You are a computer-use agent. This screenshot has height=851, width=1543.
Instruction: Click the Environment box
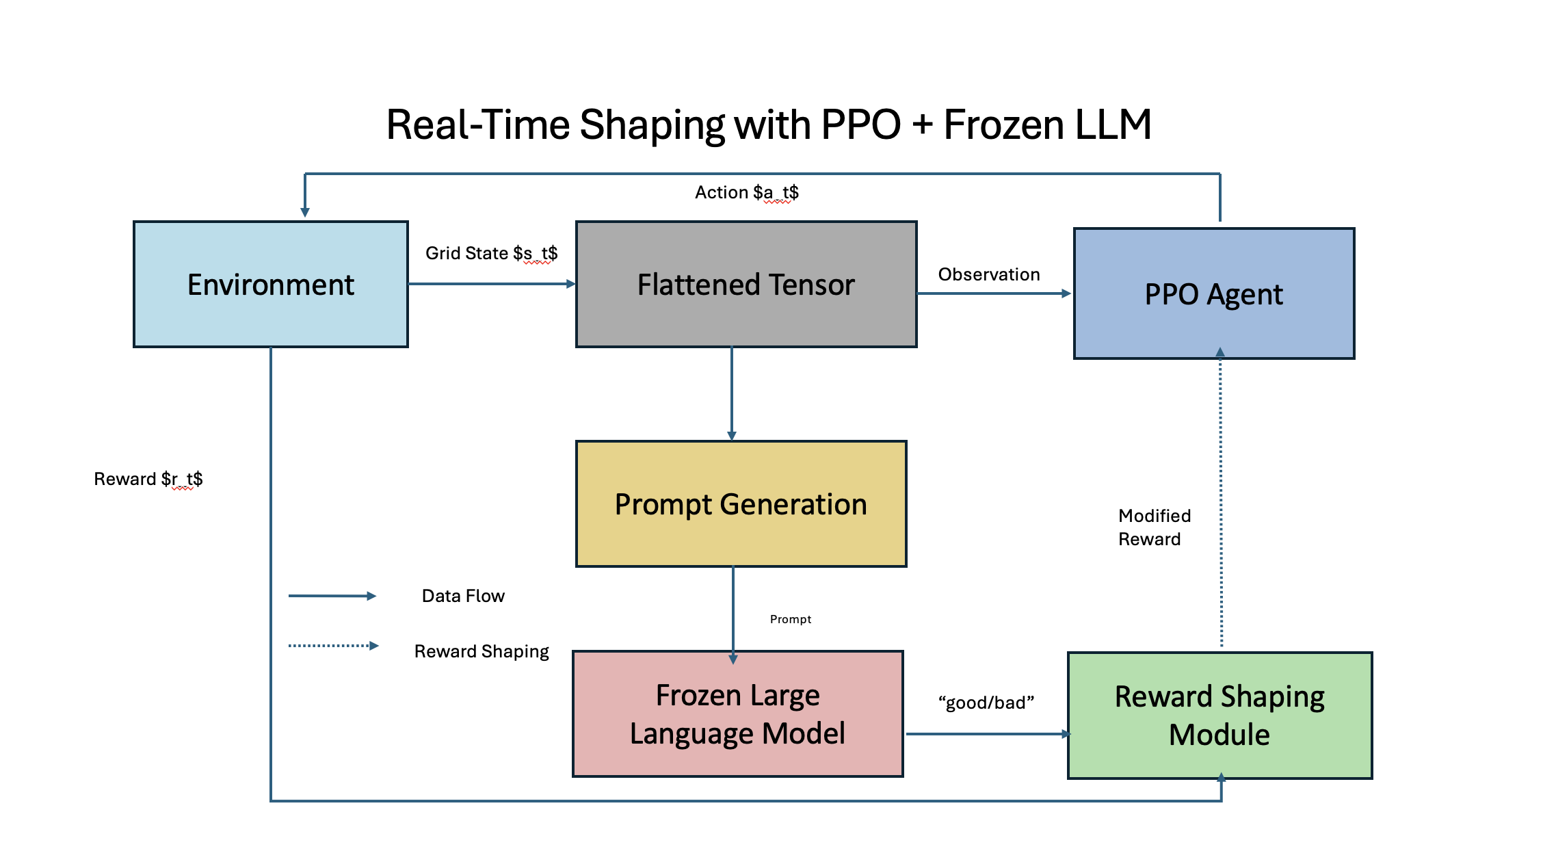pyautogui.click(x=271, y=285)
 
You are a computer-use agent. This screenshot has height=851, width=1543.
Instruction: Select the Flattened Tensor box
pyautogui.click(x=746, y=285)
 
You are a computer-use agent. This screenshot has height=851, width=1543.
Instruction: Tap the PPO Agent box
pyautogui.click(x=1213, y=294)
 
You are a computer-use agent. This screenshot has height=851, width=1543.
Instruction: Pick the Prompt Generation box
pyautogui.click(x=741, y=504)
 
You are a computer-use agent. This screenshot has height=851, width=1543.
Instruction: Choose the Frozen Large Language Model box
pyautogui.click(x=737, y=714)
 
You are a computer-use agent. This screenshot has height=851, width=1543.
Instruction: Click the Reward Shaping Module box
pyautogui.click(x=1219, y=716)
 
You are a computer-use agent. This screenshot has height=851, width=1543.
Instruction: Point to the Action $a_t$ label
pyautogui.click(x=746, y=193)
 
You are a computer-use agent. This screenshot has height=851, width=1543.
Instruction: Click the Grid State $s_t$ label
pyautogui.click(x=491, y=254)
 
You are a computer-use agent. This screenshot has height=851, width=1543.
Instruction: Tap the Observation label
pyautogui.click(x=988, y=274)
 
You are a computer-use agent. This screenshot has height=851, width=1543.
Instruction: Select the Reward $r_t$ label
pyautogui.click(x=148, y=479)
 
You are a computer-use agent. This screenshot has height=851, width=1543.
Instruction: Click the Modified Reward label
pyautogui.click(x=1154, y=527)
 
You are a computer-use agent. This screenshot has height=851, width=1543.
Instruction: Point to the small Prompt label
pyautogui.click(x=790, y=619)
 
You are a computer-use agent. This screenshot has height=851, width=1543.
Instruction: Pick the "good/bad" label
pyautogui.click(x=986, y=703)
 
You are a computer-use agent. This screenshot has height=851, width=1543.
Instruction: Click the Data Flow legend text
pyautogui.click(x=463, y=596)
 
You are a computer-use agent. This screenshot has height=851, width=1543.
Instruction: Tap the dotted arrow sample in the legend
pyautogui.click(x=333, y=646)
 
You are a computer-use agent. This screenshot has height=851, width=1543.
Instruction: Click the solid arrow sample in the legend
pyautogui.click(x=332, y=596)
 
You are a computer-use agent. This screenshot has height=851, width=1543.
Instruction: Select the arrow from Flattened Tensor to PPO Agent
pyautogui.click(x=994, y=293)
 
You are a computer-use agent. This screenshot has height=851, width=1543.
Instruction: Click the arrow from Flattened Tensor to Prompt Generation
pyautogui.click(x=732, y=393)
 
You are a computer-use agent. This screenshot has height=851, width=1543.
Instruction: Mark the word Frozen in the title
pyautogui.click(x=1004, y=125)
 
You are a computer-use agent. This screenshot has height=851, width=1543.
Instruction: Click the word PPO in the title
pyautogui.click(x=860, y=125)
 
